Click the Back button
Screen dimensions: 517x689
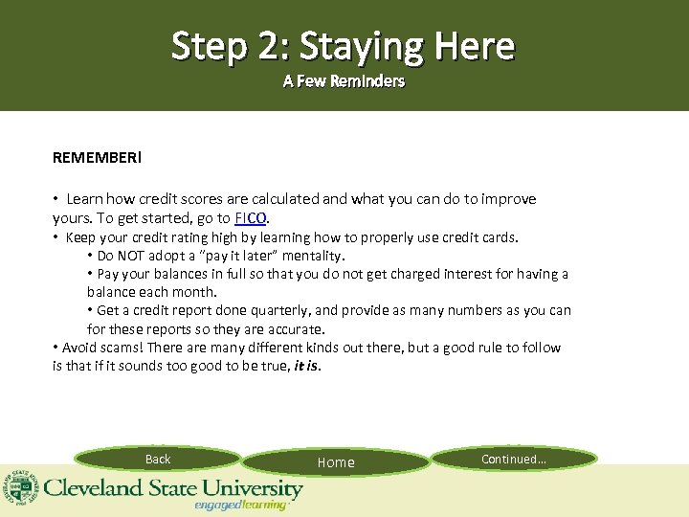coord(158,460)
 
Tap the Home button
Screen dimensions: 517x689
coord(336,462)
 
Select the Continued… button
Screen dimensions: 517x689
coord(514,460)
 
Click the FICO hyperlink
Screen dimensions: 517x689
coord(250,218)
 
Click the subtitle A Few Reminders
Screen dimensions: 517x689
coord(344,81)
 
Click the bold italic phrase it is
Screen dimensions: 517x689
coord(307,365)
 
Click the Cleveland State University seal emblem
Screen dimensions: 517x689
coord(19,487)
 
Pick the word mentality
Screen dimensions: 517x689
coord(311,256)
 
